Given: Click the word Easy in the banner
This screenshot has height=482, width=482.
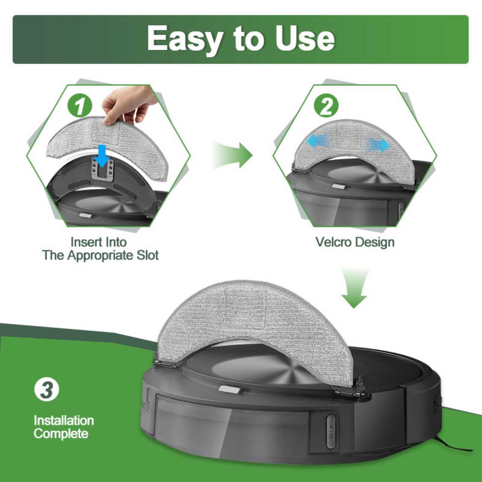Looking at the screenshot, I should [185, 38].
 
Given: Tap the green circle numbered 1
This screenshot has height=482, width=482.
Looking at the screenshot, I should [80, 106].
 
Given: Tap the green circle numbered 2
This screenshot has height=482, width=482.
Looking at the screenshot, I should [326, 106].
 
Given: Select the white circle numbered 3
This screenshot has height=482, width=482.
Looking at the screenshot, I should [47, 390].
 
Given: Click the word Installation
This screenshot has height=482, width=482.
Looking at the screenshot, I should [64, 420].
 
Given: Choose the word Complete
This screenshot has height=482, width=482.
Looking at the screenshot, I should [61, 433].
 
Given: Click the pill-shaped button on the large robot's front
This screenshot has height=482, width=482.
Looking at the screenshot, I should [331, 431].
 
